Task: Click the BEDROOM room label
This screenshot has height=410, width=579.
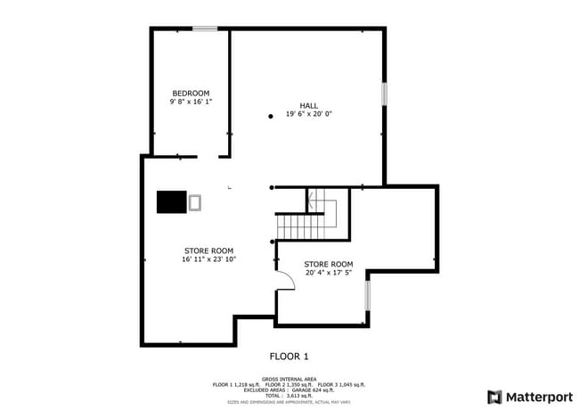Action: coord(191,94)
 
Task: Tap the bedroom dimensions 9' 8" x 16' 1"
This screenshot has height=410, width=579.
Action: coord(191,102)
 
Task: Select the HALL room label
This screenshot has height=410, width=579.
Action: coord(308,105)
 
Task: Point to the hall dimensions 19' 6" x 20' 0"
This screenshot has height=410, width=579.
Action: coord(308,114)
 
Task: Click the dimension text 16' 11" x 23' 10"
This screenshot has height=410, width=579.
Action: coord(208,260)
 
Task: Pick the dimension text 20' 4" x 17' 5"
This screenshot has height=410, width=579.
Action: coord(329,274)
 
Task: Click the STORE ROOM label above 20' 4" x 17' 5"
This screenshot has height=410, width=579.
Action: coord(329,265)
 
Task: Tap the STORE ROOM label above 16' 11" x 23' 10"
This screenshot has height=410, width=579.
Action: coord(208,250)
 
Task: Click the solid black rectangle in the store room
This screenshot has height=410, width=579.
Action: coord(172,202)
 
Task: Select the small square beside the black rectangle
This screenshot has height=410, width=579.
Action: coord(195,202)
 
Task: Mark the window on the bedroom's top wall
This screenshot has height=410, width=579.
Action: coord(206,29)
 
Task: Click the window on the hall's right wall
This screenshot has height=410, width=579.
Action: coord(385,94)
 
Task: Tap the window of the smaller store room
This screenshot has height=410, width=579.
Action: coord(367,296)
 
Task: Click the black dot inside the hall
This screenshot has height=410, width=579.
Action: coord(271,117)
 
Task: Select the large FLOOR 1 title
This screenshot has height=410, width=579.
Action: coord(289,357)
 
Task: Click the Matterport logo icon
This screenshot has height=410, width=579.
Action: coord(494,397)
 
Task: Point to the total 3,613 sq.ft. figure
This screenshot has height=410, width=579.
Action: coord(289,395)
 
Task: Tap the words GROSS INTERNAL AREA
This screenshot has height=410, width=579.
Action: coord(289,378)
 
